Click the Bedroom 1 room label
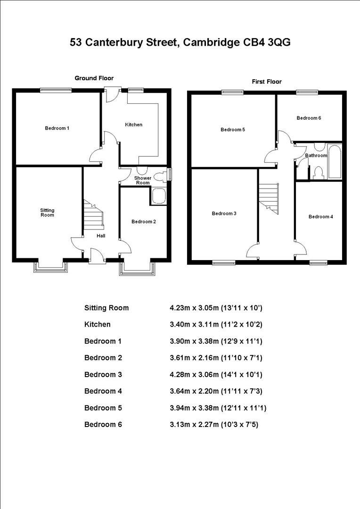tap(57, 128)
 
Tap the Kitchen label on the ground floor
tap(133, 125)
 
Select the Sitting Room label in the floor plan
tap(47, 213)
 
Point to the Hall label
tap(101, 236)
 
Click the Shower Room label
tap(142, 181)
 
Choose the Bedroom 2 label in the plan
tap(143, 222)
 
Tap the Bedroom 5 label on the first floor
tap(233, 130)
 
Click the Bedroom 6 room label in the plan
tap(309, 118)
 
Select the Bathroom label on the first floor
tap(316, 156)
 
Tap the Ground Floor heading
tap(94, 78)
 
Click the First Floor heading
tap(267, 82)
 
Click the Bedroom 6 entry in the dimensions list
tap(103, 424)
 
